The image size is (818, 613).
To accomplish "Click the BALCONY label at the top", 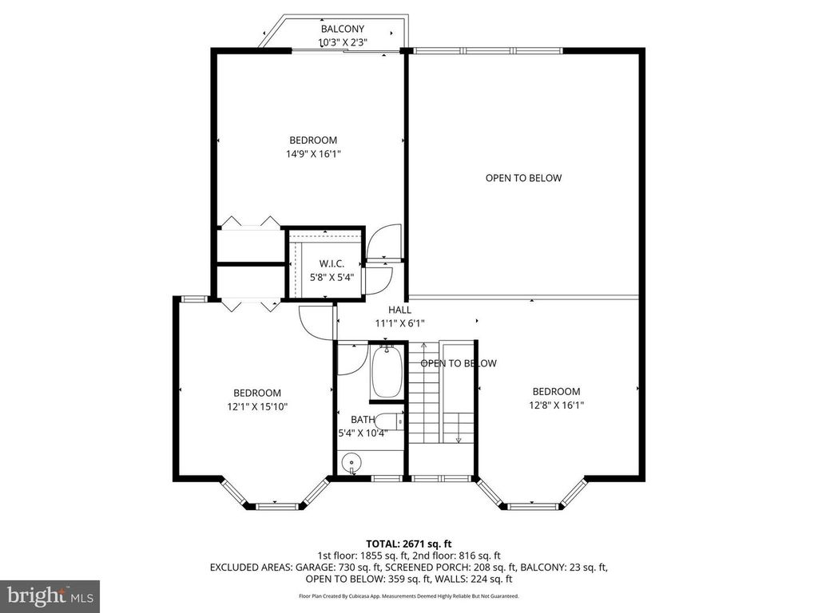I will tap(343, 30).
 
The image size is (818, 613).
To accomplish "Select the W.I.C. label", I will tap(332, 263).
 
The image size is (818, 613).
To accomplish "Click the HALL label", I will tap(400, 310).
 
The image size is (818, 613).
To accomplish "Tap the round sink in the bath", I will tap(351, 463).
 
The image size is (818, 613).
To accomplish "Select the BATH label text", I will tap(363, 419).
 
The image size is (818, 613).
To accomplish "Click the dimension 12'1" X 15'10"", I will tap(257, 406).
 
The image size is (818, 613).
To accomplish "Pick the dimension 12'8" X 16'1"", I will tap(556, 405).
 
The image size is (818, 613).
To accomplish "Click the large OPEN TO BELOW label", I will tap(523, 178).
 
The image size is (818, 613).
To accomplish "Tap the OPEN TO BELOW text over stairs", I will tap(459, 363).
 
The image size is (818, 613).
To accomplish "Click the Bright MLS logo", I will tap(50, 595).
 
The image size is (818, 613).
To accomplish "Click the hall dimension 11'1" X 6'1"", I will tap(400, 323).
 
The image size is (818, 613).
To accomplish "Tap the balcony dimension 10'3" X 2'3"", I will tap(343, 42).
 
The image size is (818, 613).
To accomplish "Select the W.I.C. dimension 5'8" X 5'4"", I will tap(332, 277).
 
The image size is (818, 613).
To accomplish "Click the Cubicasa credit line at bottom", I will tap(408, 596).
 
